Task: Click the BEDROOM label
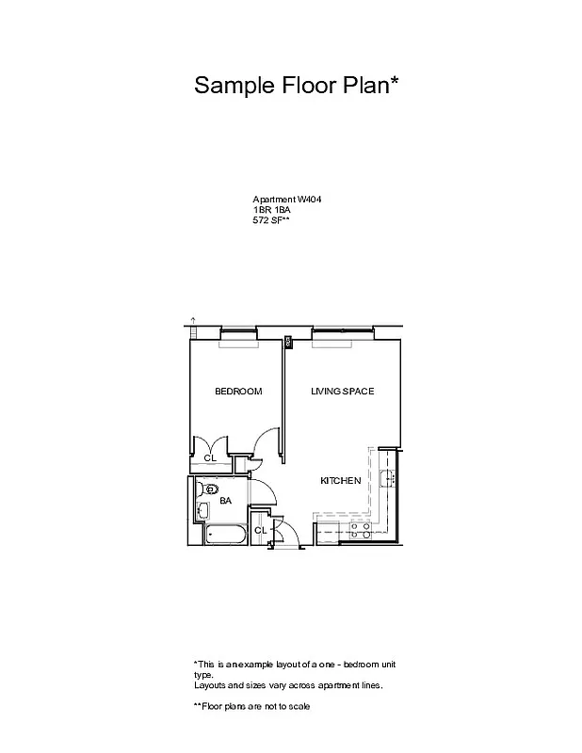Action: click(237, 392)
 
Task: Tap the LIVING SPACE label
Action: click(343, 392)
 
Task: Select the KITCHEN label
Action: click(340, 481)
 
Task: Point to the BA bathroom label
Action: click(225, 502)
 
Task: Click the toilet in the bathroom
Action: click(210, 489)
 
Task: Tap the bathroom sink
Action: click(203, 511)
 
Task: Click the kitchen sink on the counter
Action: click(386, 478)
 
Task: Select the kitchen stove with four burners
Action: click(359, 532)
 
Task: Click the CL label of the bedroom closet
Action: click(210, 458)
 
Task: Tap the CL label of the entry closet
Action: click(260, 531)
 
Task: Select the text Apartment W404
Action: click(282, 200)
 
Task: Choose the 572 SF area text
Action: click(271, 220)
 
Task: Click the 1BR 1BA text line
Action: click(271, 210)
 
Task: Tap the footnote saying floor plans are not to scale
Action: click(251, 706)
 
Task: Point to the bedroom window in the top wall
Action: click(239, 344)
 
